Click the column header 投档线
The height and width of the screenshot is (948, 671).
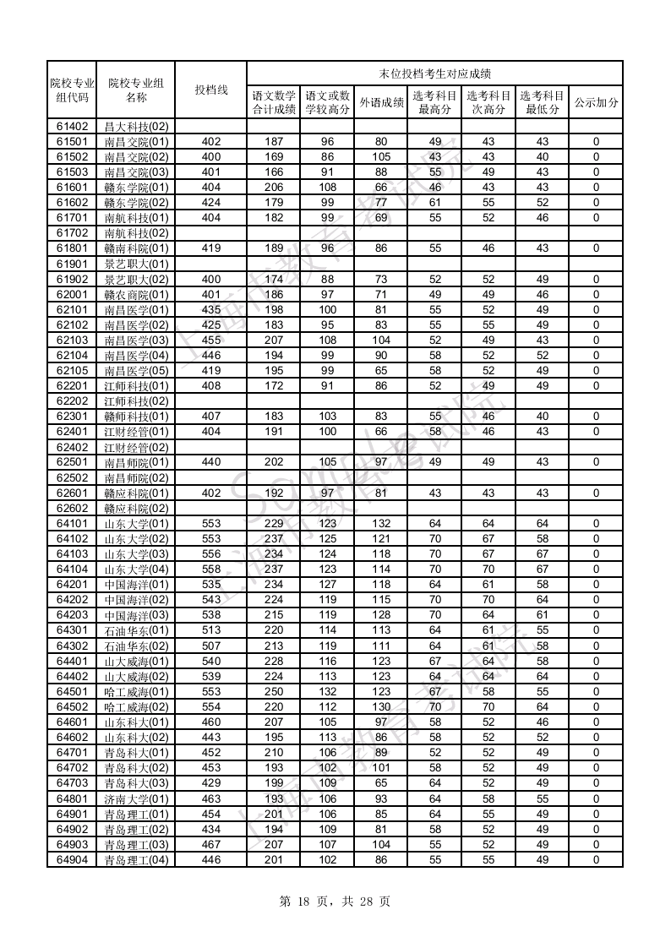click(x=211, y=90)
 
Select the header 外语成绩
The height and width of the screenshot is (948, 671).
click(x=380, y=102)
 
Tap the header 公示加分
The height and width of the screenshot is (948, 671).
click(x=596, y=102)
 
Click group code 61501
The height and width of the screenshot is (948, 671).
click(x=72, y=142)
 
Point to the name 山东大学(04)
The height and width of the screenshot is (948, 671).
click(x=136, y=569)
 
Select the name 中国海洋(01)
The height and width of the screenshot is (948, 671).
click(x=136, y=585)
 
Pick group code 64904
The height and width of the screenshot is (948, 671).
click(x=72, y=860)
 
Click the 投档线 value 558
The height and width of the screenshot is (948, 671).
click(x=211, y=569)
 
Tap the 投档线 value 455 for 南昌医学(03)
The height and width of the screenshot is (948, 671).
click(x=211, y=341)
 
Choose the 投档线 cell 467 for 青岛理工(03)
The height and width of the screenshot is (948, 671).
click(x=211, y=845)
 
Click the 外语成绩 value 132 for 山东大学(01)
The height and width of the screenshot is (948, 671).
click(x=380, y=524)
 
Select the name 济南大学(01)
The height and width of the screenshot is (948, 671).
click(x=136, y=798)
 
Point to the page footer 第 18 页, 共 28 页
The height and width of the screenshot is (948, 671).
click(x=335, y=902)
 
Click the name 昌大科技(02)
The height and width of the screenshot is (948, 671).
click(x=136, y=127)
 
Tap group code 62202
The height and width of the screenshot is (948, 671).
click(x=72, y=401)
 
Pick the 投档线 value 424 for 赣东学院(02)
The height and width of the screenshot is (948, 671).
click(x=211, y=203)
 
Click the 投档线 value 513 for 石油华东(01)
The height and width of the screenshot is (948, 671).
click(x=211, y=630)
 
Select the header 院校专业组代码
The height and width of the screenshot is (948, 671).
click(x=72, y=90)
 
